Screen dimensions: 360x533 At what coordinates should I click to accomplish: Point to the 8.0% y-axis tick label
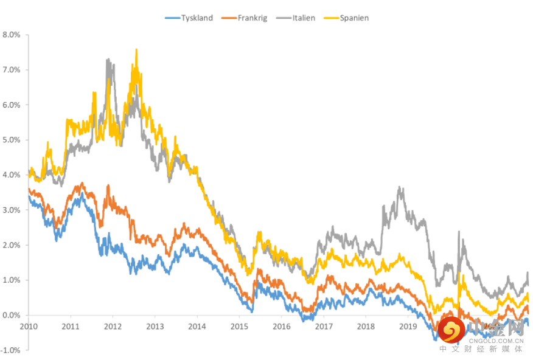tap(12, 35)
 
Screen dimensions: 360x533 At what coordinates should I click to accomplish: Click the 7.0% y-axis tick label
tap(12, 70)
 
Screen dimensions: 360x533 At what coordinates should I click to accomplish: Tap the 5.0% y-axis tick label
tap(12, 140)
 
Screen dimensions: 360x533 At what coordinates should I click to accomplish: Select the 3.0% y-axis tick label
tap(12, 210)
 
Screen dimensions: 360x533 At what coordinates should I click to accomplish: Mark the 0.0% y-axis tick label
tap(12, 315)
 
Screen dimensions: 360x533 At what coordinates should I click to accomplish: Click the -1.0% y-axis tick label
tap(11, 350)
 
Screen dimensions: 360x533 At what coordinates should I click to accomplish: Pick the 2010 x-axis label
tap(29, 326)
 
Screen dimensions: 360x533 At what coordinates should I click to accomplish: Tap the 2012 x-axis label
tap(113, 326)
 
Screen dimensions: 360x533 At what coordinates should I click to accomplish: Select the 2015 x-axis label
tap(239, 326)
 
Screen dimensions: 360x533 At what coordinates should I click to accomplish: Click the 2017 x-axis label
tap(323, 326)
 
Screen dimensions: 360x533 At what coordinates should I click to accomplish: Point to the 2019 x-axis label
tap(408, 326)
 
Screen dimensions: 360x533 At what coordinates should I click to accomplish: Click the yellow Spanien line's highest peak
tap(136, 50)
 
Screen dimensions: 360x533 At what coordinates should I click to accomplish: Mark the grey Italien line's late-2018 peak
tap(400, 188)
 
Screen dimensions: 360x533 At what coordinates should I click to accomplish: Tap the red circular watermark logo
tap(451, 330)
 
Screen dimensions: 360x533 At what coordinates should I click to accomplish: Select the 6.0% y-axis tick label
tap(12, 105)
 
